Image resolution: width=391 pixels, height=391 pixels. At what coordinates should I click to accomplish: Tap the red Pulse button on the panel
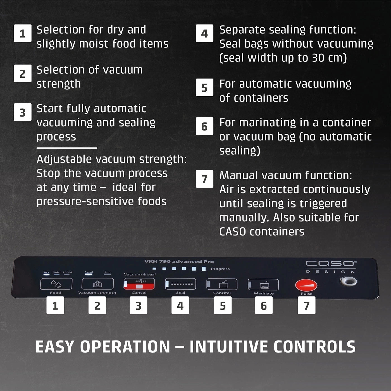tap(306, 285)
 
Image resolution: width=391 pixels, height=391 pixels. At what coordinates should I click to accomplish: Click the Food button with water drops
tap(56, 284)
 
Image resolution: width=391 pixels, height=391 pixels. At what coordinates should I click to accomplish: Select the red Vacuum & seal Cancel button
tap(139, 284)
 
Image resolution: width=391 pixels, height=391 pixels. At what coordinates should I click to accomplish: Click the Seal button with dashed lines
tap(180, 284)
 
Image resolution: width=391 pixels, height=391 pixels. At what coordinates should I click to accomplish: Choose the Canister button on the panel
tap(222, 284)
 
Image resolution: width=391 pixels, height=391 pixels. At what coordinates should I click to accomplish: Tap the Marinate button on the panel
tap(263, 285)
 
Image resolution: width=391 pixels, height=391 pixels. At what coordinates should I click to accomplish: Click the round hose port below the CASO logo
tap(348, 282)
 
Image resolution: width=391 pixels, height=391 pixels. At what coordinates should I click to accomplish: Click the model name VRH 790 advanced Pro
tap(179, 261)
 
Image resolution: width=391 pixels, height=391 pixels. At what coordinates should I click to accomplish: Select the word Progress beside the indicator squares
tap(220, 269)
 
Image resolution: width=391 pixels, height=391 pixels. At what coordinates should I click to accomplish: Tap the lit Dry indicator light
tap(46, 275)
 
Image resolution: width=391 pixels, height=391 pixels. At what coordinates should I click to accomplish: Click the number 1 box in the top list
tap(23, 33)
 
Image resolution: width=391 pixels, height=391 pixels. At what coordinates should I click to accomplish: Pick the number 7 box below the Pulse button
tap(306, 305)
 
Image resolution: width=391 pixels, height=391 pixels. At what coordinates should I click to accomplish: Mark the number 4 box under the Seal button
tap(180, 305)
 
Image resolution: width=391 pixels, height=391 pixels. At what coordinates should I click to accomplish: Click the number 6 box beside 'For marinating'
tap(204, 126)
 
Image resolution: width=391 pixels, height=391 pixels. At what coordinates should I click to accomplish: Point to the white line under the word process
tap(67, 148)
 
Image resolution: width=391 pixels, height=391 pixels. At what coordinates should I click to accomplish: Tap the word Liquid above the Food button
tap(68, 272)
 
